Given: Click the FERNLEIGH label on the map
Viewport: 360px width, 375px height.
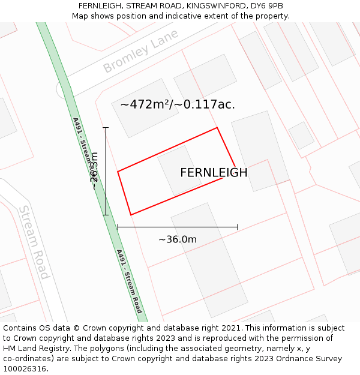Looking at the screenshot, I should coord(214,173).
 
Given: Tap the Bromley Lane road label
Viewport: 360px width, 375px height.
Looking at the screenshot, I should coord(140,52).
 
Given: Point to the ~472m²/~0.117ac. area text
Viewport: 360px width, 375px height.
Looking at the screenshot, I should coord(178,104).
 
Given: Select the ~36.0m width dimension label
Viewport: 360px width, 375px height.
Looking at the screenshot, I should coord(178,239).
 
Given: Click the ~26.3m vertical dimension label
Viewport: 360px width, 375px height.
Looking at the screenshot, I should coord(94,171).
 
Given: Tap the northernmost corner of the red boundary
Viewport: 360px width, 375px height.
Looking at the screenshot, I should coord(217,128).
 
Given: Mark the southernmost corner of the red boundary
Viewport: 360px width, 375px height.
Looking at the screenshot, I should coord(131,215).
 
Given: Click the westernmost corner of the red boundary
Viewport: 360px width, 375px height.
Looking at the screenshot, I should coord(118,172).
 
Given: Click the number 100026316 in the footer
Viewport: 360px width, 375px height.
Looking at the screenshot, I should coord(26,369).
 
